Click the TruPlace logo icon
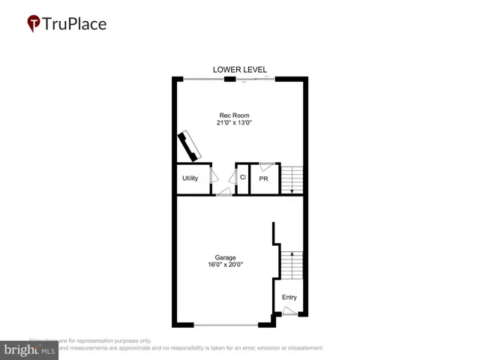pyautogui.click(x=33, y=23)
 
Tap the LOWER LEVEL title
pyautogui.click(x=240, y=70)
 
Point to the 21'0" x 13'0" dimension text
pyautogui.click(x=230, y=123)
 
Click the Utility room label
pyautogui.click(x=190, y=178)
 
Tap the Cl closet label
pyautogui.click(x=242, y=178)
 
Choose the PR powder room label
pyautogui.click(x=263, y=179)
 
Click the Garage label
pyautogui.click(x=225, y=257)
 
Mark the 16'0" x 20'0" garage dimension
pyautogui.click(x=226, y=265)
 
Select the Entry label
pyautogui.click(x=289, y=298)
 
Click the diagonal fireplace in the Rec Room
pyautogui.click(x=189, y=145)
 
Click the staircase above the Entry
pyautogui.click(x=291, y=264)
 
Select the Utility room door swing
pyautogui.click(x=213, y=176)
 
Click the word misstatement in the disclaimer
pyautogui.click(x=301, y=348)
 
